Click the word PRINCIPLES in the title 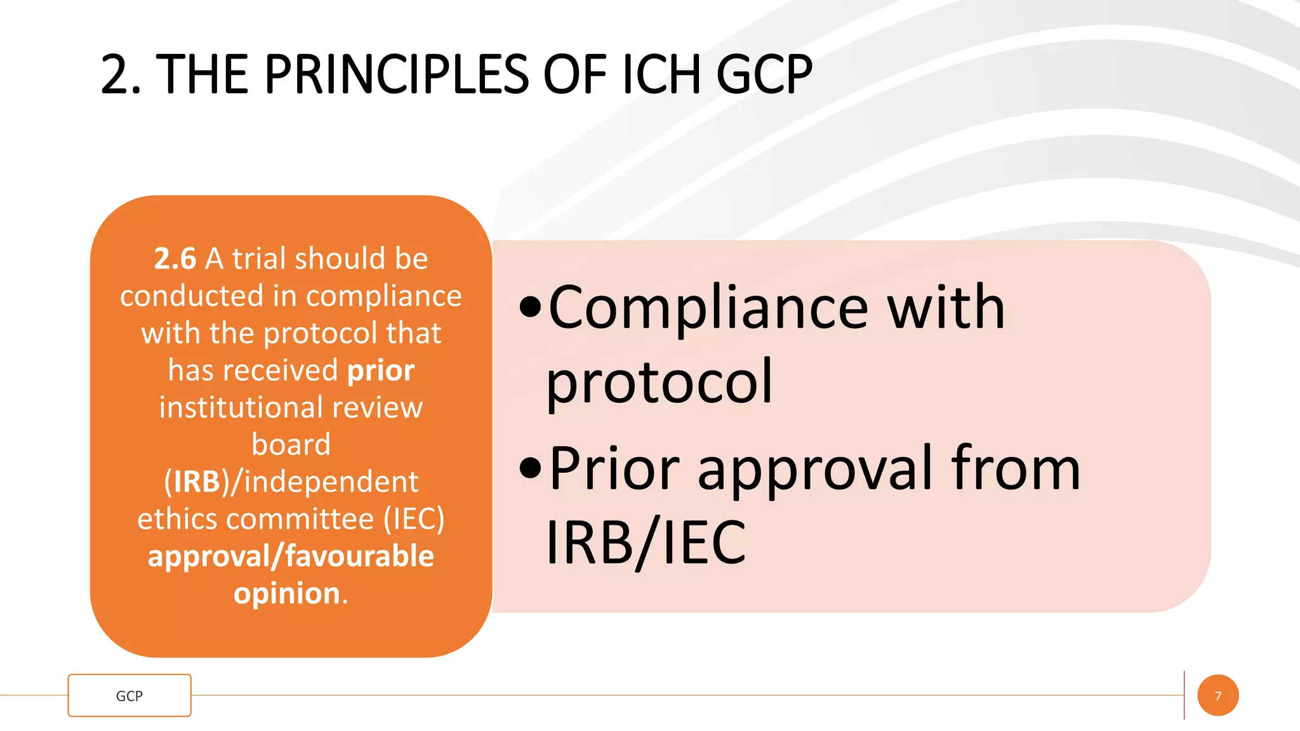(x=396, y=75)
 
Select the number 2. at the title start (x=121, y=75)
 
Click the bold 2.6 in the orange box (x=175, y=259)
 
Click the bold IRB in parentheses (x=197, y=482)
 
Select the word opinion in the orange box (x=288, y=594)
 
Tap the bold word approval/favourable (x=291, y=556)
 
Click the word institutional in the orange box (x=241, y=407)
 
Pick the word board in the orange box (x=291, y=444)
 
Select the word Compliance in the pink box (x=708, y=308)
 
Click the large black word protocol (x=659, y=382)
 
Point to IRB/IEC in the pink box (x=646, y=543)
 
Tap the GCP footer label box (x=129, y=695)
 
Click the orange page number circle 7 (x=1217, y=695)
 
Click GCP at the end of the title (x=764, y=75)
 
